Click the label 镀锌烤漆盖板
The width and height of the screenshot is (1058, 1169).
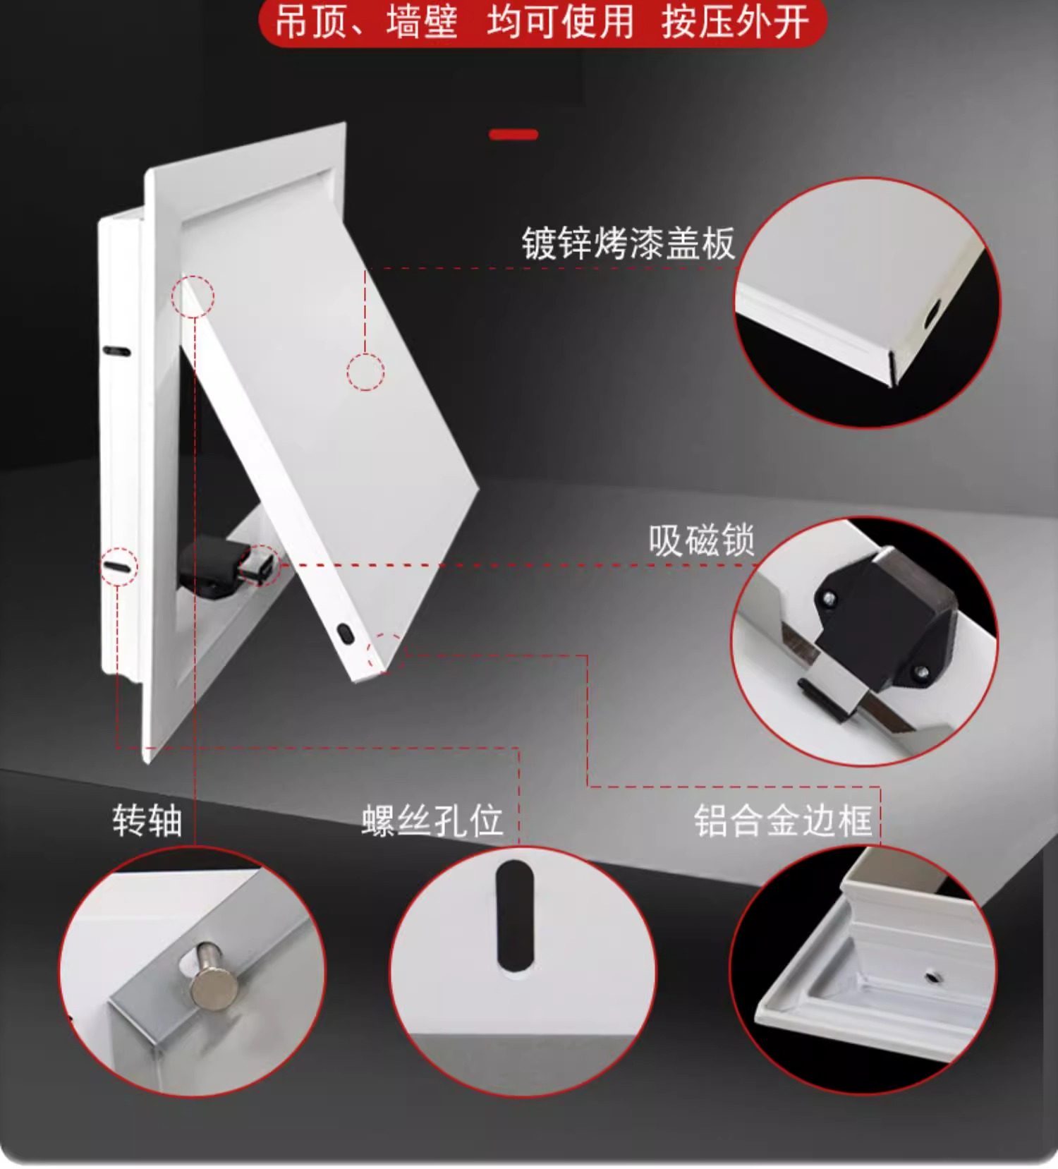628,243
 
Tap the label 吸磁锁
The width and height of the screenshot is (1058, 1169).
701,540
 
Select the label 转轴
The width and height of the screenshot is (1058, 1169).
147,820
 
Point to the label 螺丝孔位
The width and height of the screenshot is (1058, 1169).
432,820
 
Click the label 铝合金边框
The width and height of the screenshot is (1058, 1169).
783,820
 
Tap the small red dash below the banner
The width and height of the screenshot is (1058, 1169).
513,134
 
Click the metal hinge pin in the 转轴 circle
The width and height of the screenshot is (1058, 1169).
212,974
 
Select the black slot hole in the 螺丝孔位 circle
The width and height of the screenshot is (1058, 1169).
515,915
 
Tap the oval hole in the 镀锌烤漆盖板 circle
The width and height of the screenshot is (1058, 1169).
932,313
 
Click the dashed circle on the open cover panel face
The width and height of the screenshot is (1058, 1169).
365,371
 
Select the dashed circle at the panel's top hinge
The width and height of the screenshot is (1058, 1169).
193,296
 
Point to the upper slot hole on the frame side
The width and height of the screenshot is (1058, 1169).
116,351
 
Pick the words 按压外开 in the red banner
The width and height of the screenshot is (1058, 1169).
735,22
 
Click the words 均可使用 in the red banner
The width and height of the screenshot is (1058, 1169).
560,22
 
